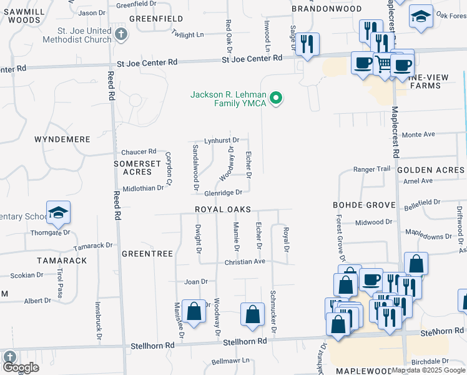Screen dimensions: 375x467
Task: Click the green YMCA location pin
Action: (276, 98)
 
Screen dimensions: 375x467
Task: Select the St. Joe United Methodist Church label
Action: (78, 34)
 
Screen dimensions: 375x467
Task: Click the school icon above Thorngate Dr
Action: (57, 213)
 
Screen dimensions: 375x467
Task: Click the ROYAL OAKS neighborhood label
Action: (222, 209)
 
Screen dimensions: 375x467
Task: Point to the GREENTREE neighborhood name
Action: (147, 254)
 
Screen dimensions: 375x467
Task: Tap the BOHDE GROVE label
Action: (364, 205)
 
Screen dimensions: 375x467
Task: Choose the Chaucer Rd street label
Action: (139, 152)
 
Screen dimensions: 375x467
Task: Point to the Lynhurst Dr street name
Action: (222, 141)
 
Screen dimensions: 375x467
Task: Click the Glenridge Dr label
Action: (223, 193)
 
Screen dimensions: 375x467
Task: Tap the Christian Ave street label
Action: (245, 262)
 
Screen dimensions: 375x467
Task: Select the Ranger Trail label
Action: (371, 169)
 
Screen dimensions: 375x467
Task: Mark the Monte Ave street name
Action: (418, 134)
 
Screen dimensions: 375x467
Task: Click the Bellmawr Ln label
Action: (230, 361)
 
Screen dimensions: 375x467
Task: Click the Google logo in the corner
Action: (21, 367)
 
